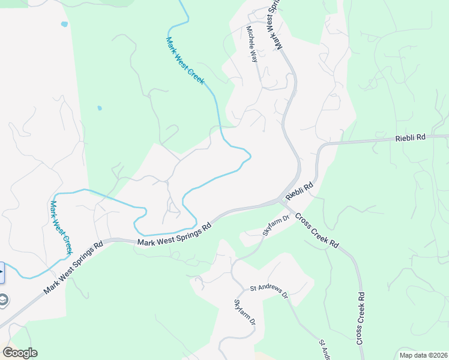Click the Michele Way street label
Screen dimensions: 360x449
(x=252, y=44)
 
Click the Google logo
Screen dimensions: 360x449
(x=19, y=353)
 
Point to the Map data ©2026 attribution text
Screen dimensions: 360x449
(x=423, y=355)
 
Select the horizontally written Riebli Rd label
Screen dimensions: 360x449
(x=411, y=137)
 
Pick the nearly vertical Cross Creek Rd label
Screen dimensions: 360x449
(x=361, y=318)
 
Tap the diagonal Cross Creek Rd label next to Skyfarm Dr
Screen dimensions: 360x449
(x=317, y=230)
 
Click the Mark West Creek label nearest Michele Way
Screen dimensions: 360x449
(x=185, y=60)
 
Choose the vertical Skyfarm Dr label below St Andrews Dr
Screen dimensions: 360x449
(x=245, y=313)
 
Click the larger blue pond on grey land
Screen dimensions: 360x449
(x=64, y=24)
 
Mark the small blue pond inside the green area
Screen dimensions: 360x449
(x=99, y=109)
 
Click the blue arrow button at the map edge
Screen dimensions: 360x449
(x=2, y=272)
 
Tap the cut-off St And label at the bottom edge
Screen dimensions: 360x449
(x=324, y=347)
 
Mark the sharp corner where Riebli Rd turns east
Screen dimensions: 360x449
(x=322, y=146)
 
